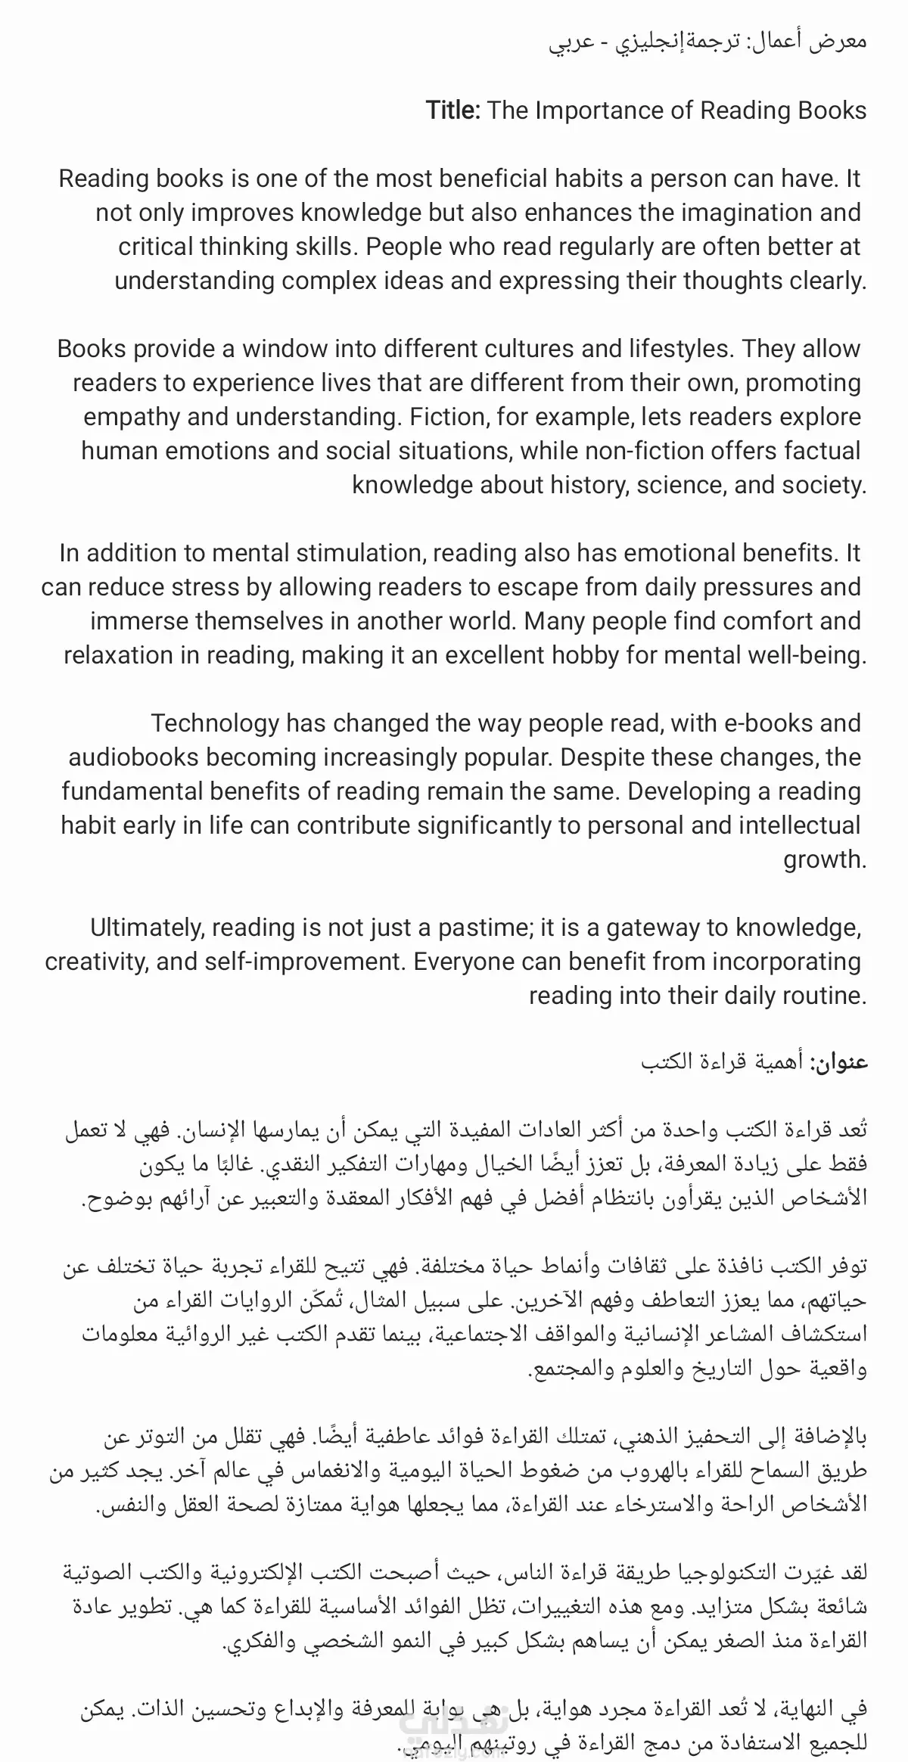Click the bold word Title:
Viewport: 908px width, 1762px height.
pos(452,110)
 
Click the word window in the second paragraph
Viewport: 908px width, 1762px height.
pos(285,349)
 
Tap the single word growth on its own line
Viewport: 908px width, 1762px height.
pos(824,859)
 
